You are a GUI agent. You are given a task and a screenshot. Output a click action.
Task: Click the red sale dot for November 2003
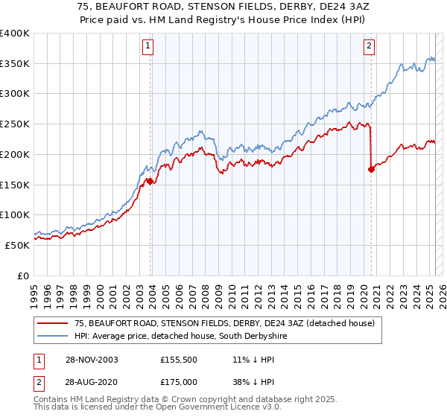tap(150, 181)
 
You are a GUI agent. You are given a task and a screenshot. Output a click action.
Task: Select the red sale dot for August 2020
tap(371, 169)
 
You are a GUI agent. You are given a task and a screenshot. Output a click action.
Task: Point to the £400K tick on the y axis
tap(15, 34)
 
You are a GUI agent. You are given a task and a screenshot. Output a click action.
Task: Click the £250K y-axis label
tap(15, 124)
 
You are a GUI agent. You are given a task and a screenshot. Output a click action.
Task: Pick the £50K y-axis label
tap(17, 245)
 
